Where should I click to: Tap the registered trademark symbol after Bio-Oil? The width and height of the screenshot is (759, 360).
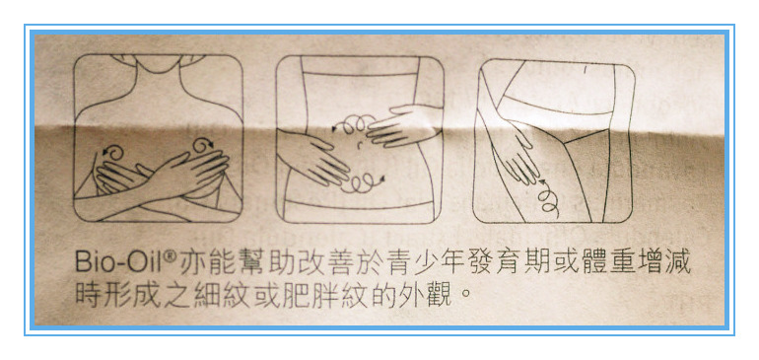click(x=170, y=255)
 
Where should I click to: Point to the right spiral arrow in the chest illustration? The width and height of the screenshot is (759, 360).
click(x=203, y=145)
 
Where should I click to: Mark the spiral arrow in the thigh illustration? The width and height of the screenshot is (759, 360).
click(x=549, y=197)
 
